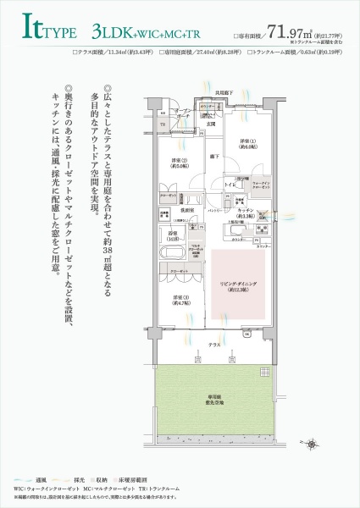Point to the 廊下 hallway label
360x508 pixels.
(215, 158)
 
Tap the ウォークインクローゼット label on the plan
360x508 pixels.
(261, 185)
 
